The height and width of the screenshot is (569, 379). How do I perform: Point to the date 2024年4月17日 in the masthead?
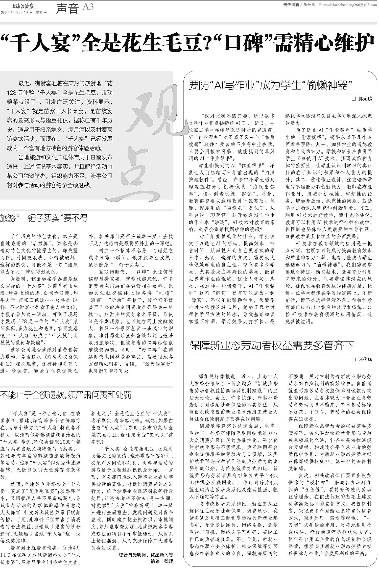pyautogui.click(x=17, y=13)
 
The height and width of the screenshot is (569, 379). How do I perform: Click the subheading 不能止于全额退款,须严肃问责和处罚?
pyautogui.click(x=66, y=395)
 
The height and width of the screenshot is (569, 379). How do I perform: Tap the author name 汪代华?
pyautogui.click(x=365, y=359)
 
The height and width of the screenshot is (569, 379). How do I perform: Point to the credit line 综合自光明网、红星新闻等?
pyautogui.click(x=146, y=555)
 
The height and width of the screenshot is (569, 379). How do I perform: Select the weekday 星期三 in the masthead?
pyautogui.click(x=41, y=13)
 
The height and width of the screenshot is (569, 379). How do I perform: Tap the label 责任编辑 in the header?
pyautogui.click(x=291, y=5)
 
